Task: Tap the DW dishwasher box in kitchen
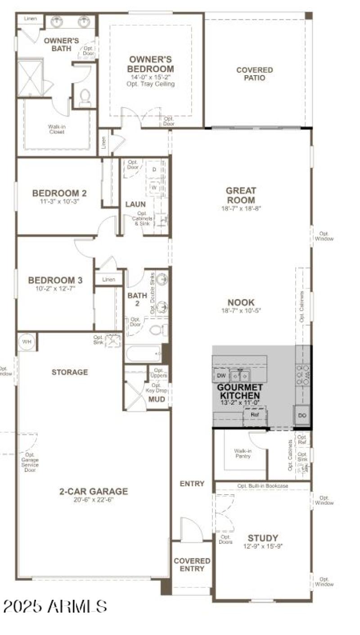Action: click(221, 375)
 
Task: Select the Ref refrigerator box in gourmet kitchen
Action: click(255, 415)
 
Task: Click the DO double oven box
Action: click(302, 416)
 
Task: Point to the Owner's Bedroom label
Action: click(151, 64)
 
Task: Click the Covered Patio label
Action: click(255, 74)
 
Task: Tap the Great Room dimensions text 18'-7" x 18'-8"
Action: click(241, 208)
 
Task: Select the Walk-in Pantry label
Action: click(242, 453)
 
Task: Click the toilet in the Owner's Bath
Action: click(85, 98)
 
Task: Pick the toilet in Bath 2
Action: click(156, 330)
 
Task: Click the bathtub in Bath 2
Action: click(143, 353)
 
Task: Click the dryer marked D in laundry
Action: click(154, 170)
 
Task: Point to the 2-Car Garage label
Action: click(94, 492)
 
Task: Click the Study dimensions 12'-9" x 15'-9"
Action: click(263, 546)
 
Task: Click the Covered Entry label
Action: click(192, 564)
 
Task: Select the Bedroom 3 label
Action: click(55, 280)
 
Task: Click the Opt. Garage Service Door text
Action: click(30, 462)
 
